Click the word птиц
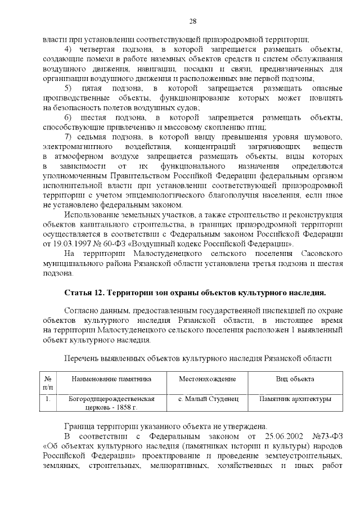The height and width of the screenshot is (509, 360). coord(256,127)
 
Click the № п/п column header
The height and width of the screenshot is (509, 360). coord(48,383)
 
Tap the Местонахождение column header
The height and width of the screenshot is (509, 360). coord(208,379)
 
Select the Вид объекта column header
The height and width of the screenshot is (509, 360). coord(295,379)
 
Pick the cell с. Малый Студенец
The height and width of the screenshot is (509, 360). coord(208,399)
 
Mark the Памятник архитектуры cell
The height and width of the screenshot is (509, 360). coord(295,399)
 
